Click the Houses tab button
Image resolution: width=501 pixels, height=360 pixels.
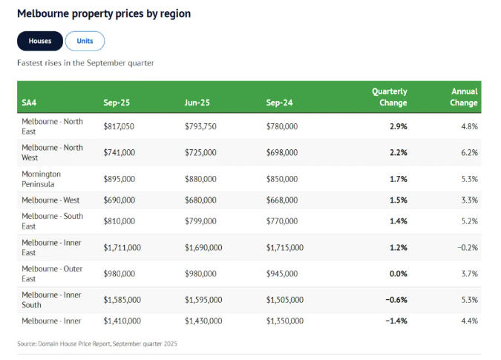40,41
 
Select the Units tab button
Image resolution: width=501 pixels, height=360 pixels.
85,41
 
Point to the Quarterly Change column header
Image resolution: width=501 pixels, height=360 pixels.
389,97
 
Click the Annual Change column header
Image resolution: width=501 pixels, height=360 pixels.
463,97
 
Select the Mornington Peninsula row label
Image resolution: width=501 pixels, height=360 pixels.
42,179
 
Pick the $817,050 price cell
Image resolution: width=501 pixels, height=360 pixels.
119,127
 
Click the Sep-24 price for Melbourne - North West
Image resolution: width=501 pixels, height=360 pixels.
282,152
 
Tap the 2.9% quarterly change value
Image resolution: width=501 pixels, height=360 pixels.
398,127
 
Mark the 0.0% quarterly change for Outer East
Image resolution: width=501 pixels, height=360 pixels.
398,274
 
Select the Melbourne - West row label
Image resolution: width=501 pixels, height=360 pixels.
50,200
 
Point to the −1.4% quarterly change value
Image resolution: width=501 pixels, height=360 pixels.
395,321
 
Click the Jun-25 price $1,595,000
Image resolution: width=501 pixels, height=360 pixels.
204,300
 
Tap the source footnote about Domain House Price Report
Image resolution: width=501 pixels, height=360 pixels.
97,344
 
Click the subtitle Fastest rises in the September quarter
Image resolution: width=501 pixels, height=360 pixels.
85,63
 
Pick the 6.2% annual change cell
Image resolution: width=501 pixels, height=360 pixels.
468,152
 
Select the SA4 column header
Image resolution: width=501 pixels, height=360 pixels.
30,102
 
